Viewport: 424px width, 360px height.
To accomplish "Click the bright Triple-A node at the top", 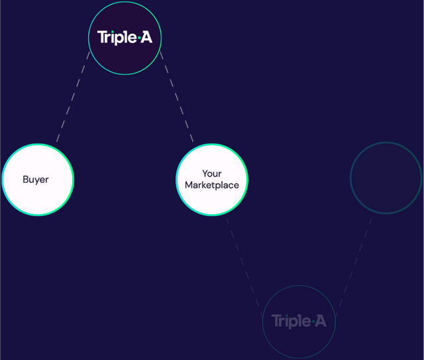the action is pyautogui.click(x=125, y=38).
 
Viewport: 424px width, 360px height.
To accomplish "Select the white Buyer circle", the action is pyautogui.click(x=38, y=180).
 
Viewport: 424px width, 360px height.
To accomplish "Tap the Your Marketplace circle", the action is pyautogui.click(x=212, y=180).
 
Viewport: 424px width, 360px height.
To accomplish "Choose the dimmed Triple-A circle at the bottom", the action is pyautogui.click(x=299, y=322).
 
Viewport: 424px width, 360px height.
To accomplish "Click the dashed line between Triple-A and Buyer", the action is pyautogui.click(x=73, y=97).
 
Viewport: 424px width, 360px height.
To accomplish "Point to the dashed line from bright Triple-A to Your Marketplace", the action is pyautogui.click(x=177, y=97).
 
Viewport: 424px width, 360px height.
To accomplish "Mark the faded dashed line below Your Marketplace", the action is pyautogui.click(x=244, y=267).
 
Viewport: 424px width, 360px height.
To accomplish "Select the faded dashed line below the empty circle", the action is pyautogui.click(x=354, y=267).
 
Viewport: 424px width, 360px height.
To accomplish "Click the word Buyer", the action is pyautogui.click(x=36, y=180).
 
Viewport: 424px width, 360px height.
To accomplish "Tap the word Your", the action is pyautogui.click(x=212, y=174).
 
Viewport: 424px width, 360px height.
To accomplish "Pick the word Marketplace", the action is pyautogui.click(x=212, y=185).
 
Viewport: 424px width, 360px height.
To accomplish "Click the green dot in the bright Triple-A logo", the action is pyautogui.click(x=139, y=38).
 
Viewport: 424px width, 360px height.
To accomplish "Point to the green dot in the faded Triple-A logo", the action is pyautogui.click(x=313, y=322).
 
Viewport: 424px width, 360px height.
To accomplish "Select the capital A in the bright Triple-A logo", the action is pyautogui.click(x=146, y=37).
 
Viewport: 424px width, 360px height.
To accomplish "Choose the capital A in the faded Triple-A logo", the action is pyautogui.click(x=321, y=320).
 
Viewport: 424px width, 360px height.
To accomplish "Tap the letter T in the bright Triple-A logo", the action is pyautogui.click(x=102, y=37).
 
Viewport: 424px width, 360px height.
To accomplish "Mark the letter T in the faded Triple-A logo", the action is pyautogui.click(x=276, y=320).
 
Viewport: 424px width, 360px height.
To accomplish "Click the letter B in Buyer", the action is pyautogui.click(x=25, y=179).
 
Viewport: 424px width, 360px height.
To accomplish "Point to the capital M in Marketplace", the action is pyautogui.click(x=188, y=185).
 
